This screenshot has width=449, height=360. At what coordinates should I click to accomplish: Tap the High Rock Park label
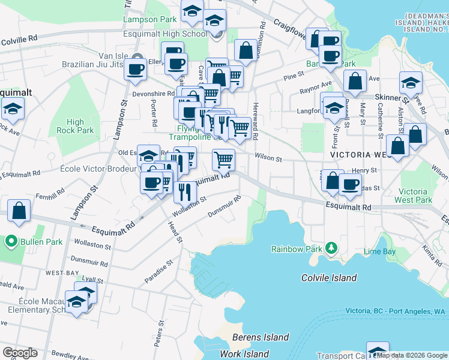(76, 126)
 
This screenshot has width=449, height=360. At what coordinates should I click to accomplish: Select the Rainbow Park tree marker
(330, 248)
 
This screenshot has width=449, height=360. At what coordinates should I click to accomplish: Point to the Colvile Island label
(328, 278)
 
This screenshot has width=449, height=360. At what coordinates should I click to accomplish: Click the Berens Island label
(261, 337)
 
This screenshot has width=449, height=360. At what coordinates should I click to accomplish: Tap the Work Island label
(244, 353)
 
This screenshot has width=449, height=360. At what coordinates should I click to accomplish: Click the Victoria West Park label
(415, 196)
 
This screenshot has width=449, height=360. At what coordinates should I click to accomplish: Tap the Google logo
(20, 353)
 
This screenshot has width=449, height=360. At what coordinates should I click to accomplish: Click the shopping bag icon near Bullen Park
(19, 211)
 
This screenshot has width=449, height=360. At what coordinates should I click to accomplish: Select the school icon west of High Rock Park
(12, 109)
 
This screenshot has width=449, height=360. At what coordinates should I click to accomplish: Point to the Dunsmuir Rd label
(224, 212)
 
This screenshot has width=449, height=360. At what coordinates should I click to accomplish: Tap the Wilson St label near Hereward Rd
(268, 158)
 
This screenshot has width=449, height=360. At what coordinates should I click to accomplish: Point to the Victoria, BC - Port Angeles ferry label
(396, 311)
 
